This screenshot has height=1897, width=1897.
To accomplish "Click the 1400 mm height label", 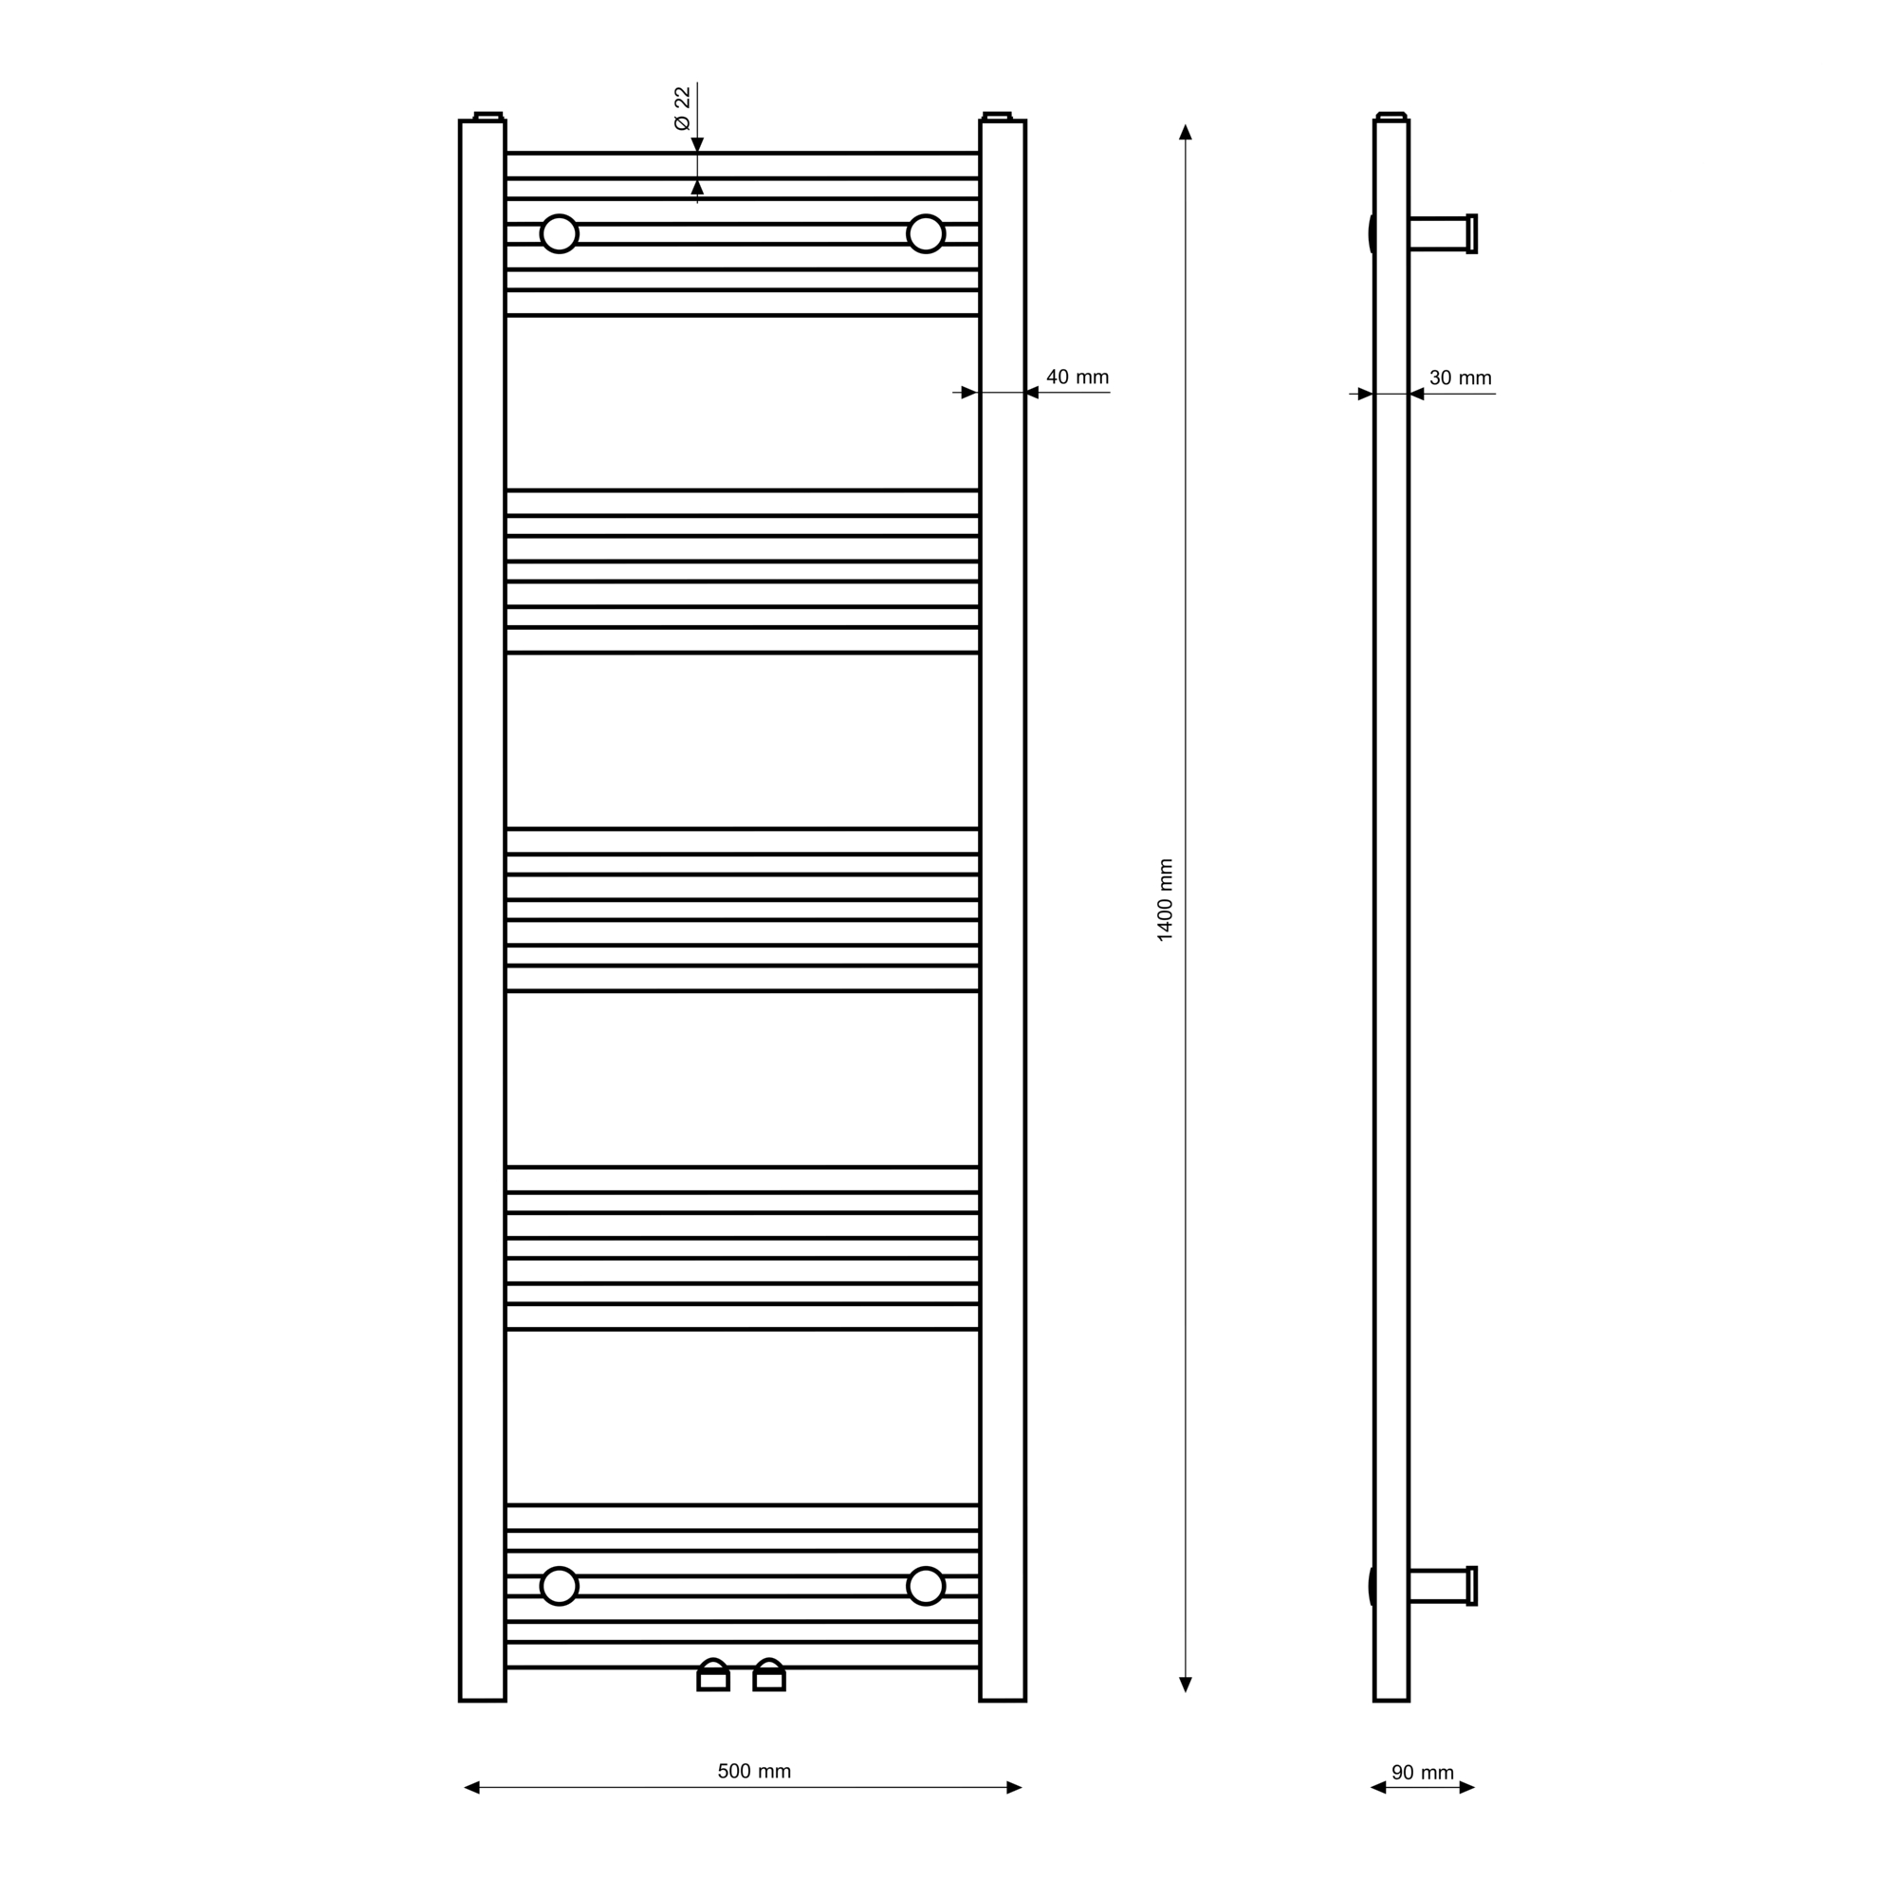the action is coord(1166,899).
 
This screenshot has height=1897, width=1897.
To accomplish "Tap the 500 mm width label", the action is coord(754,1771).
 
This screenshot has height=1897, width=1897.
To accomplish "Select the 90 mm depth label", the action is coord(1423,1773).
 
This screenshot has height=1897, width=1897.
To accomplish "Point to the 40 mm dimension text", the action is coord(1077,378).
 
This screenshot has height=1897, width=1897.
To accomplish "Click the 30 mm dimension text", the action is coord(1460,378).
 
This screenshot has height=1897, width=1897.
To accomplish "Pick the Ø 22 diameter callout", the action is coord(682,108).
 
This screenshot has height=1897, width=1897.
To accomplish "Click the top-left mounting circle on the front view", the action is coord(560,233).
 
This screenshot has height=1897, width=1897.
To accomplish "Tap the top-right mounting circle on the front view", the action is coord(926,233).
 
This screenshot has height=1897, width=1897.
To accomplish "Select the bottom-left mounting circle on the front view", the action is coord(560,1586).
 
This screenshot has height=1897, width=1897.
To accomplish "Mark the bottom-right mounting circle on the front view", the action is coord(926,1586).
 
